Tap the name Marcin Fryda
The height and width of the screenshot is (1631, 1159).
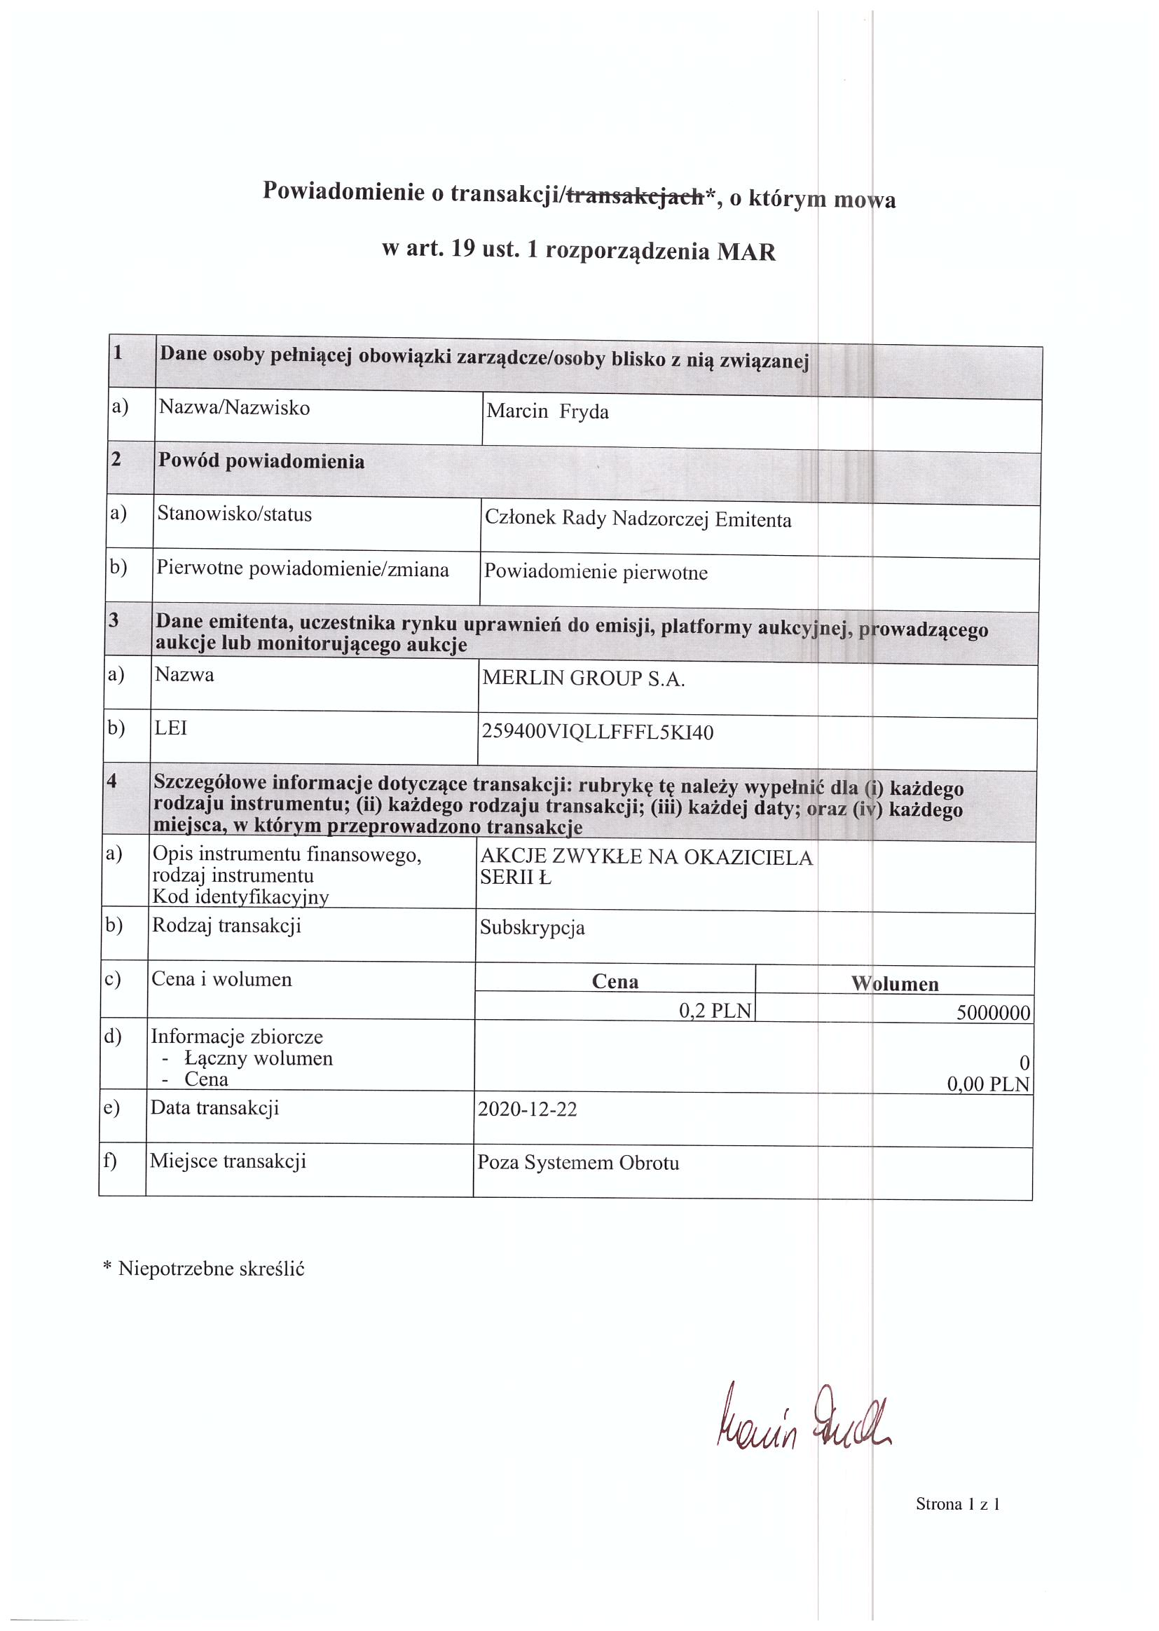pos(547,412)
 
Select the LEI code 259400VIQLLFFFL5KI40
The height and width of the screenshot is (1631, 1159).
pos(597,732)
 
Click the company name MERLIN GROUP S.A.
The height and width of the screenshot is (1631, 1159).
pos(583,678)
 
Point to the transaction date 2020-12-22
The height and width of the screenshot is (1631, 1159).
pos(527,1110)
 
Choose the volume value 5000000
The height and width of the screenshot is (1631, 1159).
pos(994,1013)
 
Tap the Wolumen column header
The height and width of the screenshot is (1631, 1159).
pos(894,984)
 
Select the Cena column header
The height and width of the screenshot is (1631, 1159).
pos(615,981)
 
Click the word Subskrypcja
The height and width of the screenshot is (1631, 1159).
pos(532,928)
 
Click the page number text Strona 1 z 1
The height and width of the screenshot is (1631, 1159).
pos(958,1505)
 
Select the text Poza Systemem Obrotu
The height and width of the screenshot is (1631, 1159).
pos(578,1163)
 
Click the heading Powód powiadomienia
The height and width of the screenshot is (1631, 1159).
pos(261,461)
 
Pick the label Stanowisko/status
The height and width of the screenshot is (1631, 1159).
pos(234,514)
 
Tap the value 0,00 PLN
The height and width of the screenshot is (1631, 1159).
pos(988,1085)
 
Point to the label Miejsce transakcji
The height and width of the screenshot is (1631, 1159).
pos(228,1161)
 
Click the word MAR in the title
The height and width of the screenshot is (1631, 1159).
pos(746,253)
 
